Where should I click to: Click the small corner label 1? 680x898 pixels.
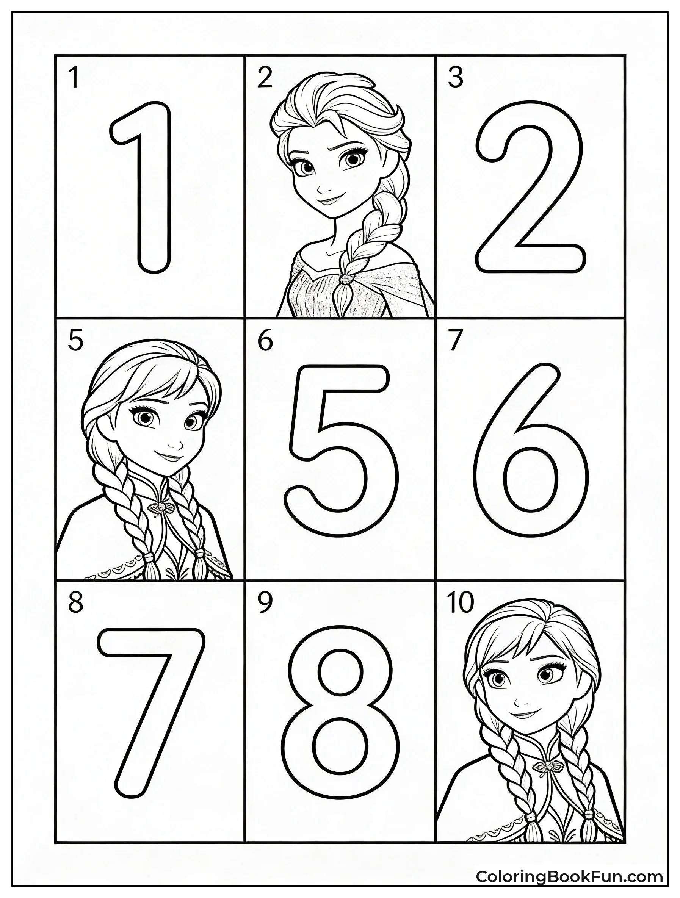(x=73, y=78)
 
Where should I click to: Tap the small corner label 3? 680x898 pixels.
(x=455, y=78)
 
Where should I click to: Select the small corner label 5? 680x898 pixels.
(x=75, y=340)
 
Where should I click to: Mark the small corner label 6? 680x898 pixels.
(x=265, y=340)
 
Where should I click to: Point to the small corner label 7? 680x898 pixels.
(x=455, y=340)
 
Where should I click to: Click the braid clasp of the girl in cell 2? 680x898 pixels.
(x=346, y=279)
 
